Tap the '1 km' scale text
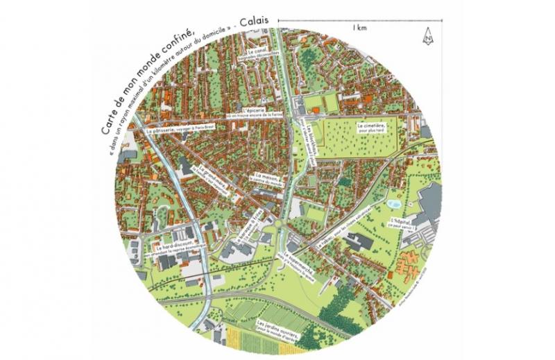(359, 28)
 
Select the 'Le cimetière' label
(372, 127)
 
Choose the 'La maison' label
(265, 178)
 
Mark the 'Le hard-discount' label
(171, 247)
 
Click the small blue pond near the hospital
(393, 204)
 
